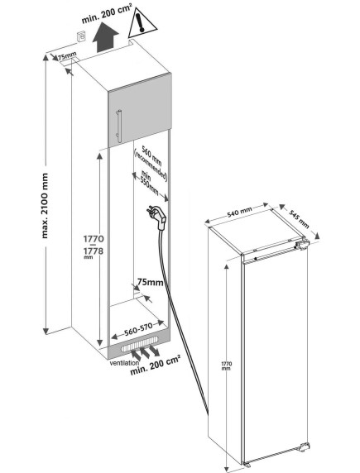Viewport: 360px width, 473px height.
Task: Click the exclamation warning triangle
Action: (x=142, y=23)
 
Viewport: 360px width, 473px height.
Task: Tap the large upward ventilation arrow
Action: (x=105, y=39)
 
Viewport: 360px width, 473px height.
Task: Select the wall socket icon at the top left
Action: (x=81, y=36)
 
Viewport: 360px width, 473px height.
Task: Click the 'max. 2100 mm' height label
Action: (x=45, y=206)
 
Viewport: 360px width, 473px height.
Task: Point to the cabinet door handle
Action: (x=119, y=126)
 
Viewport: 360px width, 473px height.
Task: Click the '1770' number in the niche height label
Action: (x=94, y=239)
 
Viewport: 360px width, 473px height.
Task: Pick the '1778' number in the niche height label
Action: (x=94, y=251)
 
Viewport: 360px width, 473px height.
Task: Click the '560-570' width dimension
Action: (x=139, y=330)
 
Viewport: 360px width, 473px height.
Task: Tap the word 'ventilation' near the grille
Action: (x=124, y=363)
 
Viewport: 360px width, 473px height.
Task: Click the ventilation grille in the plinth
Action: (x=140, y=344)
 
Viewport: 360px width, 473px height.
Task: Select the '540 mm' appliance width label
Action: (x=239, y=213)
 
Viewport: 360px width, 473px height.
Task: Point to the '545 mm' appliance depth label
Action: (x=300, y=218)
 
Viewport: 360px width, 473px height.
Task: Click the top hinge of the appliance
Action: (x=302, y=244)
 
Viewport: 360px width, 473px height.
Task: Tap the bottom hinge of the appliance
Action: (x=304, y=447)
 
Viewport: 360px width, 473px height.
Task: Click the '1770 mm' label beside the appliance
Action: (x=226, y=365)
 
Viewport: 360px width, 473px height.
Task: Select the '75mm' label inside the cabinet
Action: (x=151, y=282)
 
